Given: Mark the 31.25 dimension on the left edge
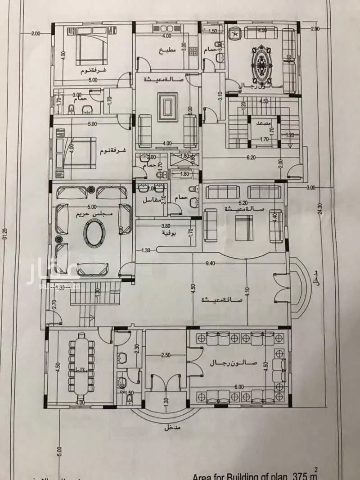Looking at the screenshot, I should [x=5, y=234].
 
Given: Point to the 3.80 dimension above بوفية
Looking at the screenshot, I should [x=166, y=226].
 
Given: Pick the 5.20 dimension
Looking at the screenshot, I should [x=243, y=203].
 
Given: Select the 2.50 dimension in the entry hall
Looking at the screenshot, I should [x=166, y=355].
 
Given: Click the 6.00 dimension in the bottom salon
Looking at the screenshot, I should [x=238, y=386].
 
